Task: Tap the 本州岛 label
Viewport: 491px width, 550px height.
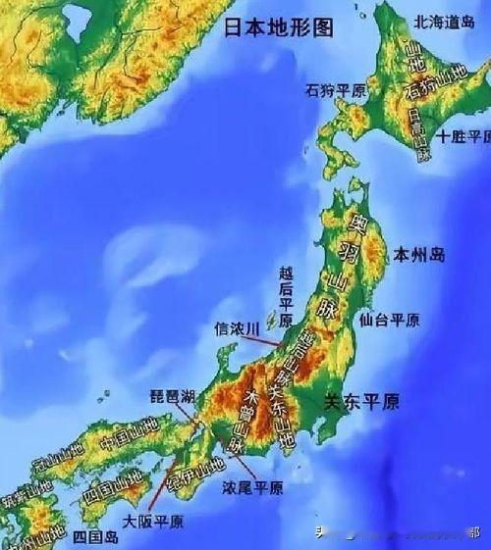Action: click(419, 256)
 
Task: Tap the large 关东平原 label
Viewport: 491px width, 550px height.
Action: click(362, 401)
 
